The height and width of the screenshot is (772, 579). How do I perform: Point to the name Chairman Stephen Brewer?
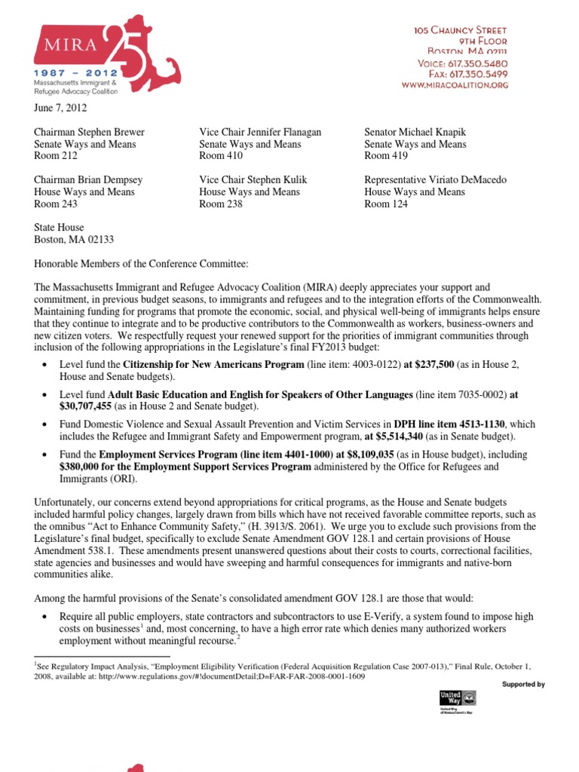coord(89,132)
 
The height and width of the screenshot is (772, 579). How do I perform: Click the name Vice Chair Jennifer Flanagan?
coord(260,132)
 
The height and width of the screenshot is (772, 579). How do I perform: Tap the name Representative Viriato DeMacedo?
coord(435,179)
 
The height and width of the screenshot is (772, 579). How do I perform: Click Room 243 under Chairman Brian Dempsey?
coord(56,204)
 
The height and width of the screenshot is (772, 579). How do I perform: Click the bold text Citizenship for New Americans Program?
coord(213,364)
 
